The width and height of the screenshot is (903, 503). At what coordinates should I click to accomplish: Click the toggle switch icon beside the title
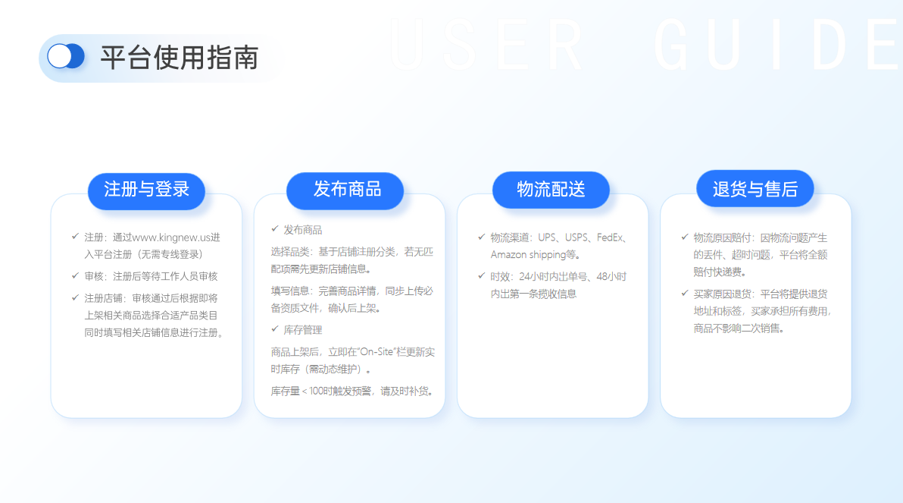coord(66,57)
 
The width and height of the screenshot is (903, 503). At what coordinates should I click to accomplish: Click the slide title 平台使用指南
coord(179,58)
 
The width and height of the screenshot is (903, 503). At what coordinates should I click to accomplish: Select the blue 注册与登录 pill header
coord(146,190)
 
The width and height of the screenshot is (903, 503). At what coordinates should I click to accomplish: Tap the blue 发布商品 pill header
coord(345,190)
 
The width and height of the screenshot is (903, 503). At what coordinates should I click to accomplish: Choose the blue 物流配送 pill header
coord(551,190)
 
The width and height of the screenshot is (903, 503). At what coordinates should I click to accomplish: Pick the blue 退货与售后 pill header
coord(755,189)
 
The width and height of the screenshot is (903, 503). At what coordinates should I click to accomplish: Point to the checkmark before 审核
coord(75,275)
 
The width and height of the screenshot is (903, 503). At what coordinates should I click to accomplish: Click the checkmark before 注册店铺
coord(75,297)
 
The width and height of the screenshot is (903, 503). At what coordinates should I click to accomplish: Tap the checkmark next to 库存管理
coord(275,329)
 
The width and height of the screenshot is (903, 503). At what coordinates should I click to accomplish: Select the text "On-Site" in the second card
coord(377,352)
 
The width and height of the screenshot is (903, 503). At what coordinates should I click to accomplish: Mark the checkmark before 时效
coord(482,275)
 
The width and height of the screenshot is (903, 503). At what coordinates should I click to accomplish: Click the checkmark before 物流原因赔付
coord(685,237)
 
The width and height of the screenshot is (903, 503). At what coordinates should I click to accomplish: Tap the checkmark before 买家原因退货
coord(685,293)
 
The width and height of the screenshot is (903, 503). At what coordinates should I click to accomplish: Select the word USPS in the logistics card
coord(576,237)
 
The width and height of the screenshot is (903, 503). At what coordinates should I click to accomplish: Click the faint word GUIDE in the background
coord(777,45)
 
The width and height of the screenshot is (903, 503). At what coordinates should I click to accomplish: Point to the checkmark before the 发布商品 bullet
coord(275,229)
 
